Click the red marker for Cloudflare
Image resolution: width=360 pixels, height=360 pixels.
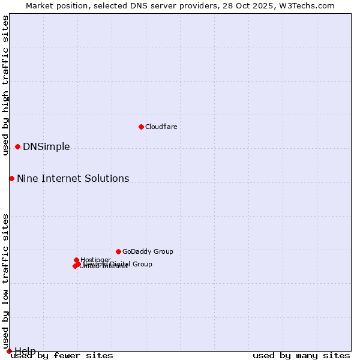point(141,127)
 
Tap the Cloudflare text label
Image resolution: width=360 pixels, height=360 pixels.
point(161,127)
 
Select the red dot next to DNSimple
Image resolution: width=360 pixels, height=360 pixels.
point(17,146)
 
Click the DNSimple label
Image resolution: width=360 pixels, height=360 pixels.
point(46,147)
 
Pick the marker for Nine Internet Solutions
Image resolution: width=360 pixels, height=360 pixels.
point(11,178)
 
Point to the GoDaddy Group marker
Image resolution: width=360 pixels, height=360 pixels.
point(118,251)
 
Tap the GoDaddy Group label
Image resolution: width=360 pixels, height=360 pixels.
point(148,251)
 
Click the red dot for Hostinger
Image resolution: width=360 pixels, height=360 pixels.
point(76,260)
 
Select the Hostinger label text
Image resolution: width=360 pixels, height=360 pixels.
point(96,260)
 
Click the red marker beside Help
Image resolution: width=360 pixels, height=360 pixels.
point(9,351)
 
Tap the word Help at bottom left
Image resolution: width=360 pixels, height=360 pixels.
point(25,351)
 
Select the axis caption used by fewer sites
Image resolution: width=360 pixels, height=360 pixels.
point(62,356)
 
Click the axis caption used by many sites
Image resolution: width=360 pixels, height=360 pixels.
point(301,356)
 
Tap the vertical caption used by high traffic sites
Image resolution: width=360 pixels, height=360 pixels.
point(5,86)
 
